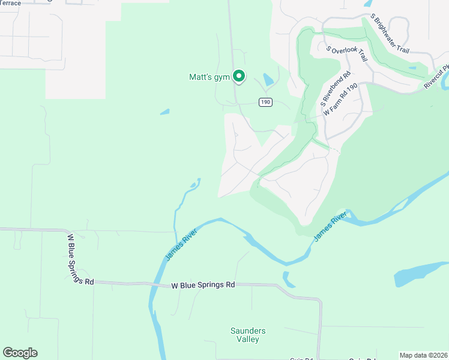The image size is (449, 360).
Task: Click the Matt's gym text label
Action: coord(209,77)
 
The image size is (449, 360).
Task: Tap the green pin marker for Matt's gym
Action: coord(239,76)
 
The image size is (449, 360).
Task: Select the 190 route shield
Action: coord(266,103)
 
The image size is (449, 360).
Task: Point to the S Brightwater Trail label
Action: coord(390,34)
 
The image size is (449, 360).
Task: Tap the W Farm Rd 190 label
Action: coord(342,103)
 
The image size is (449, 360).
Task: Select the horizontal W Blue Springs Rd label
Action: coord(203,286)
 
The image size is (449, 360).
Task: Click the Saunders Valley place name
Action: coord(248,335)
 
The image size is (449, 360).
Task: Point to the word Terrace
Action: coord(11,3)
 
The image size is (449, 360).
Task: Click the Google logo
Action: coord(20,353)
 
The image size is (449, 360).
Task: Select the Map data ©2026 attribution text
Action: coord(423,355)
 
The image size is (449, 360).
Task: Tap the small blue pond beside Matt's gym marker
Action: coord(268,79)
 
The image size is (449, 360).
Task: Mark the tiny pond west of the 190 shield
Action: coord(164,112)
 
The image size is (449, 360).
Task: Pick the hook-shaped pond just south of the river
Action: coord(289,280)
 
